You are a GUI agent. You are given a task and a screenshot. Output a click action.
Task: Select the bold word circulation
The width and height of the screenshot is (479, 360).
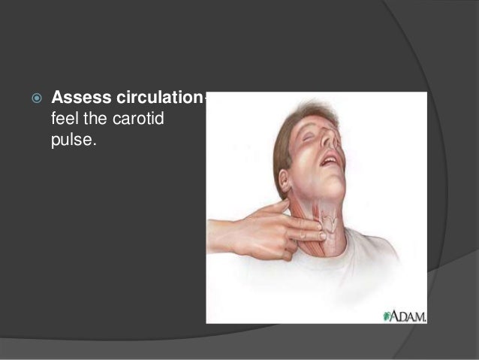point(161,99)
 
